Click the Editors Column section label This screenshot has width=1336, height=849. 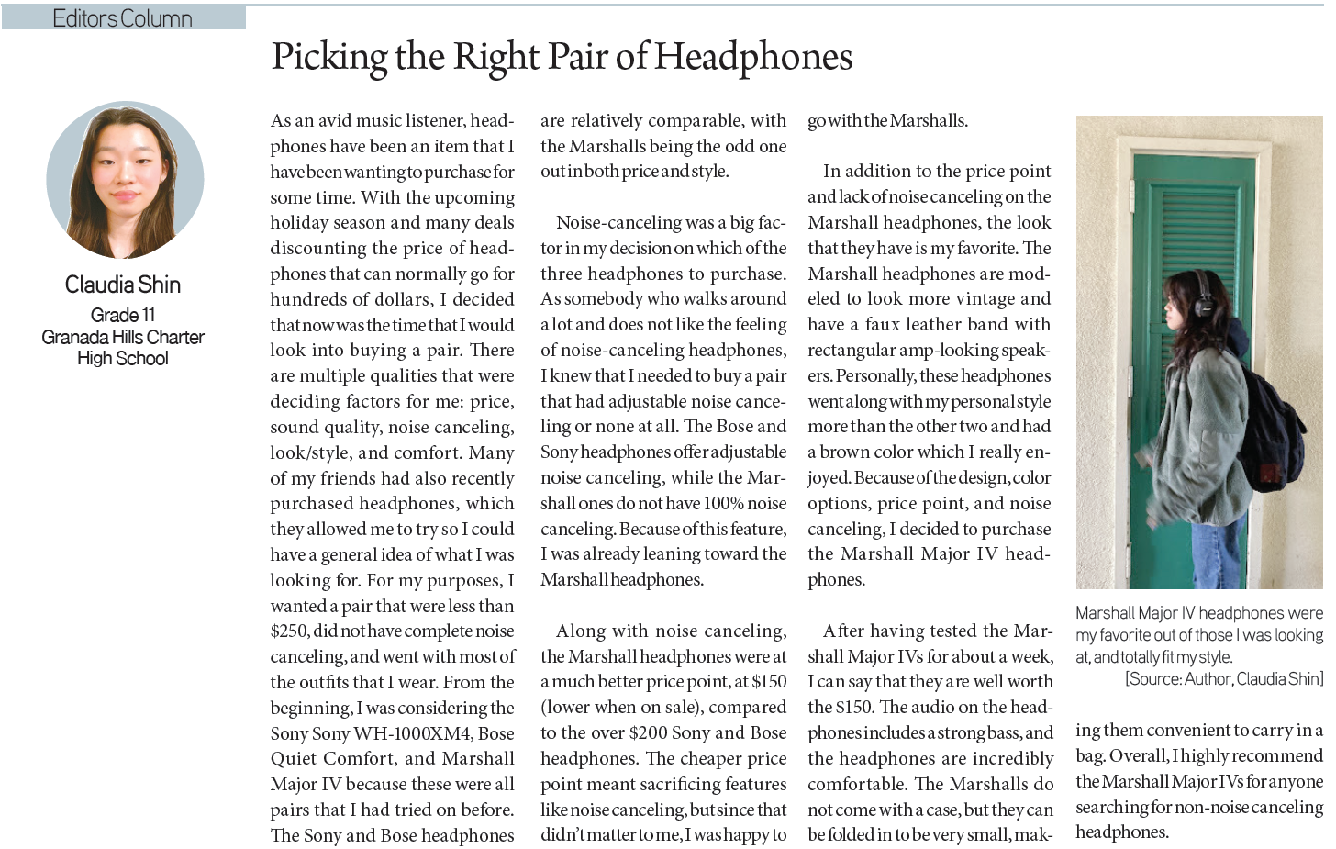point(122,17)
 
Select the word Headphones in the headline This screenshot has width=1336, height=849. point(753,58)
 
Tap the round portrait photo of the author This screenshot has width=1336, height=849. point(125,180)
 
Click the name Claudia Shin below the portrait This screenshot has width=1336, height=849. point(123,285)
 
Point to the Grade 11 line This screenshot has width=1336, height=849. point(123,316)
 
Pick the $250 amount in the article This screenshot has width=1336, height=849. point(289,631)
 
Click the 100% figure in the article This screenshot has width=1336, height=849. point(724,503)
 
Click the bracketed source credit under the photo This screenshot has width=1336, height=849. point(1224,679)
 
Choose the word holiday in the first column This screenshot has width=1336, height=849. point(300,223)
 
